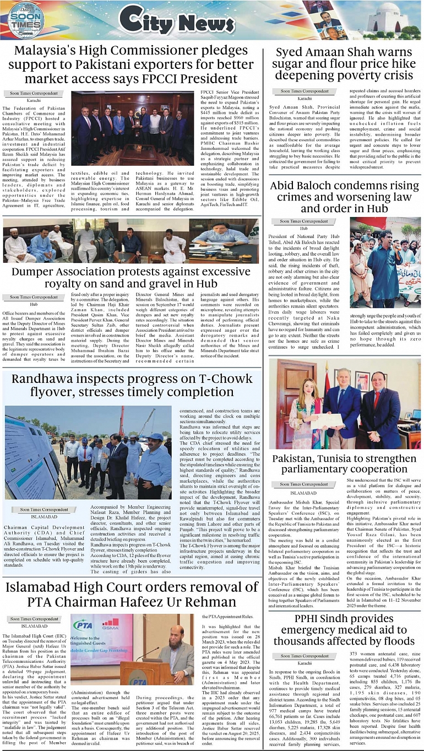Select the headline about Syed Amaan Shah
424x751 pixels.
click(345, 64)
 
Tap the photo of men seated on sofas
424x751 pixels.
click(131, 241)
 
